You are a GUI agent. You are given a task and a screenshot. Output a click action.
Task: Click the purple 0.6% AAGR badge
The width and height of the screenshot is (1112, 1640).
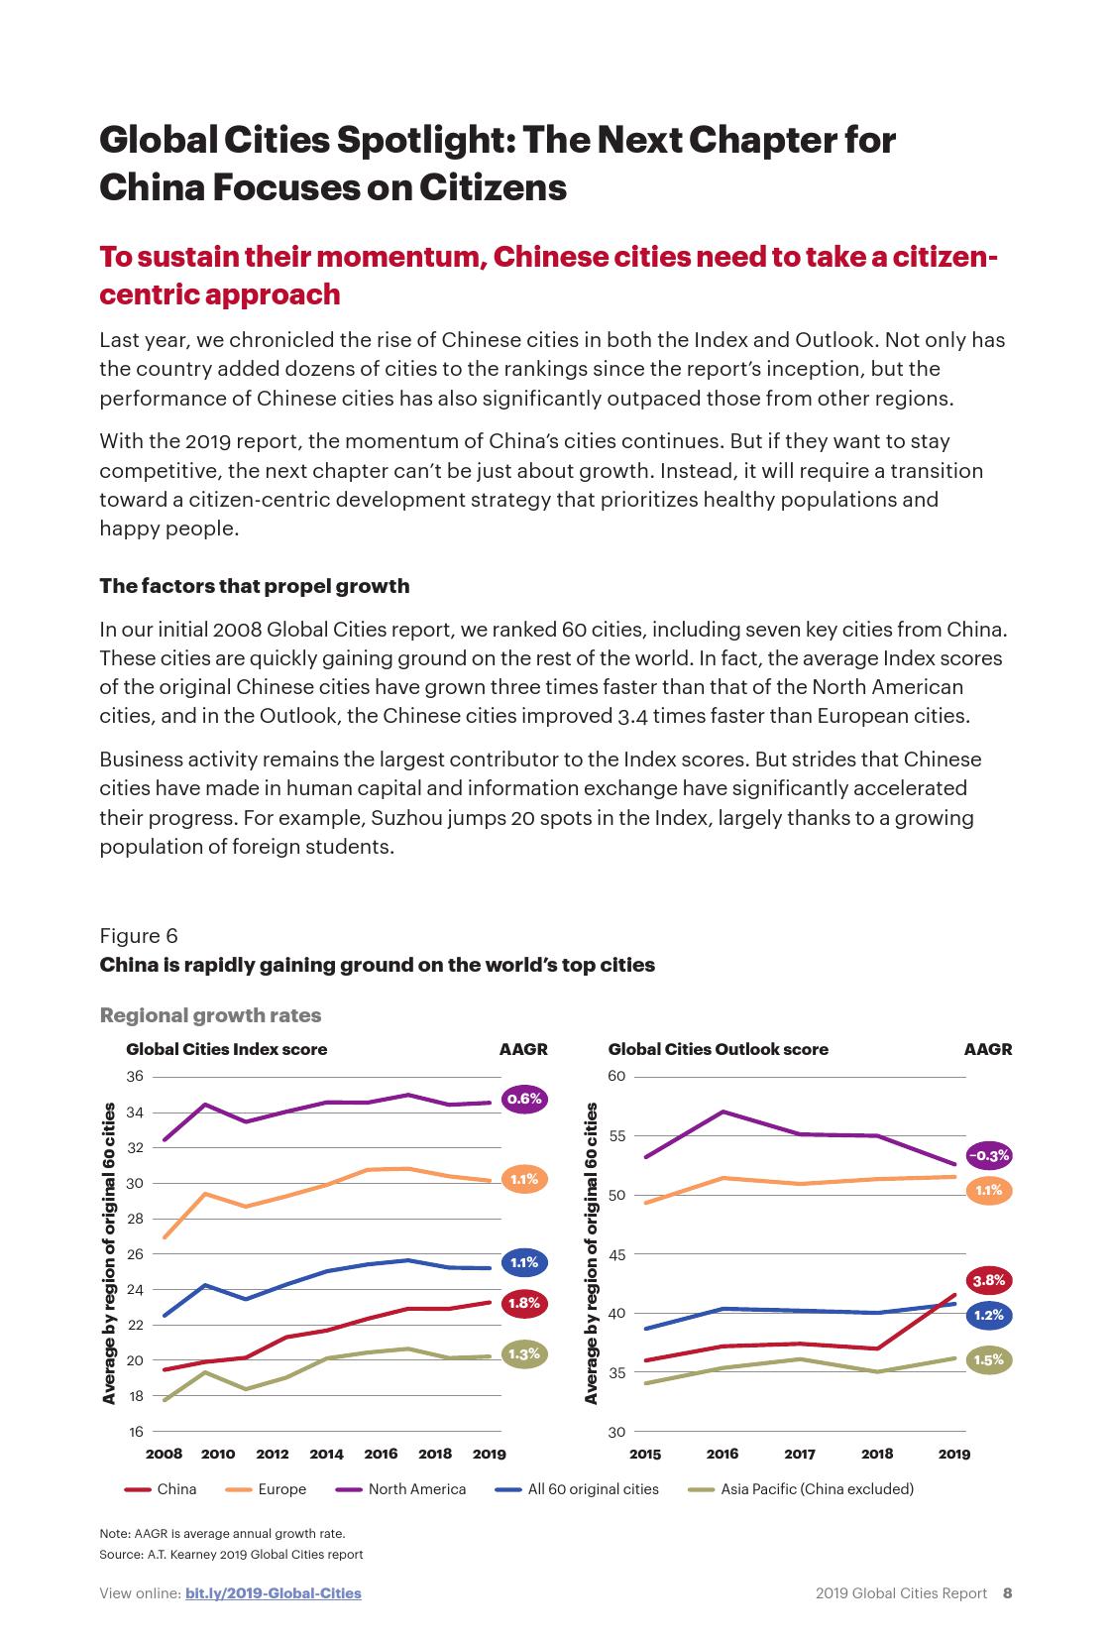[x=524, y=1099]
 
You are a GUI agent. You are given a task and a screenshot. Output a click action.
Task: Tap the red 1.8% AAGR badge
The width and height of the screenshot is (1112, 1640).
[x=524, y=1303]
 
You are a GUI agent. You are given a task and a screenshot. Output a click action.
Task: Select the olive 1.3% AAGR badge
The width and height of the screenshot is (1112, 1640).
[x=524, y=1353]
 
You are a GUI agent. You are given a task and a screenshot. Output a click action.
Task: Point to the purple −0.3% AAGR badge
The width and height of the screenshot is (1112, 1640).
[x=988, y=1155]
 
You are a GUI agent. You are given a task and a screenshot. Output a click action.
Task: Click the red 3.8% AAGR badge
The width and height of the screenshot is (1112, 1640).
[x=988, y=1280]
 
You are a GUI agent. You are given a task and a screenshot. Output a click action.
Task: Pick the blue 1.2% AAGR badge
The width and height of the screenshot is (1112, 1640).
[x=988, y=1315]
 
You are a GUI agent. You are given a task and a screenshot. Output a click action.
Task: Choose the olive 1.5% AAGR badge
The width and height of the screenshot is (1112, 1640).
[x=988, y=1359]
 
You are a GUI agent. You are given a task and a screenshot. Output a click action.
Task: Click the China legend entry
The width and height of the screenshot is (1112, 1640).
[x=175, y=1489]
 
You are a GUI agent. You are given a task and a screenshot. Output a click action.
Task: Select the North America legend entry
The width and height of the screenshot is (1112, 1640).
[x=416, y=1489]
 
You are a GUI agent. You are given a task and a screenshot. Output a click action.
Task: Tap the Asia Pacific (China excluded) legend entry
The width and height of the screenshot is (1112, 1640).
[x=816, y=1489]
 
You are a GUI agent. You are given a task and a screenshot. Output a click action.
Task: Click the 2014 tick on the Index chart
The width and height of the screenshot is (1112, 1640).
[x=326, y=1455]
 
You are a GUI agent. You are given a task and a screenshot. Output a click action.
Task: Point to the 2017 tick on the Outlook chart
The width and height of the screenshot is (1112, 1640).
[x=800, y=1455]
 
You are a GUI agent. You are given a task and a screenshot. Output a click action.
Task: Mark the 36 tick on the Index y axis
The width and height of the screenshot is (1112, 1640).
[x=135, y=1077]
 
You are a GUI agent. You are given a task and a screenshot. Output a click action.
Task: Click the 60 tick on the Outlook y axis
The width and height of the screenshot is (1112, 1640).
[x=616, y=1077]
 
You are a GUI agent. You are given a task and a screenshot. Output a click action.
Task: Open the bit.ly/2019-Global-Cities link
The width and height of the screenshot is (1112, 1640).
[x=273, y=1593]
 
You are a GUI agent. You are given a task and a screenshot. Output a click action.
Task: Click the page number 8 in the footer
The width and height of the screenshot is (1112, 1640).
[x=1007, y=1593]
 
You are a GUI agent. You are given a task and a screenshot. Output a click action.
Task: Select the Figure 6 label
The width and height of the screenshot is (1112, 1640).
[x=139, y=936]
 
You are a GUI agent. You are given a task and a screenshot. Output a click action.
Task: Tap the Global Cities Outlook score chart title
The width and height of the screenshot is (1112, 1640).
[x=718, y=1049]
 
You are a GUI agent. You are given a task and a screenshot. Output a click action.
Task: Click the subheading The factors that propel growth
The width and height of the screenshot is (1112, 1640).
[x=254, y=586]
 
